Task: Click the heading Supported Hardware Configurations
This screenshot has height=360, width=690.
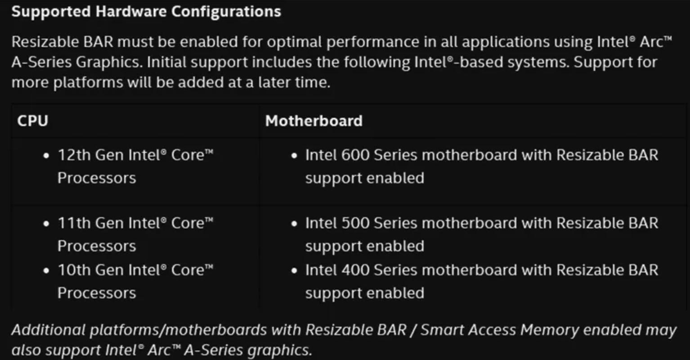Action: pos(146,12)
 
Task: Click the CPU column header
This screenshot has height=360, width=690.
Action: pos(32,121)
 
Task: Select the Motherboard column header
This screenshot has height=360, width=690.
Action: pos(314,121)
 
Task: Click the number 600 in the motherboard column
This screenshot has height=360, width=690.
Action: pos(355,155)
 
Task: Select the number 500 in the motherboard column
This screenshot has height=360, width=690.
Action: pos(355,223)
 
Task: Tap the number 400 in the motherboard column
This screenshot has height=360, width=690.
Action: pos(355,270)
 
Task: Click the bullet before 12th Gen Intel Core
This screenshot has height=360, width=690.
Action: pos(46,156)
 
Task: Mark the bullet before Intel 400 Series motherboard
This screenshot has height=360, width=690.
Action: pos(294,271)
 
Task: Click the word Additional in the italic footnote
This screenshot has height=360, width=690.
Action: pos(48,330)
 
